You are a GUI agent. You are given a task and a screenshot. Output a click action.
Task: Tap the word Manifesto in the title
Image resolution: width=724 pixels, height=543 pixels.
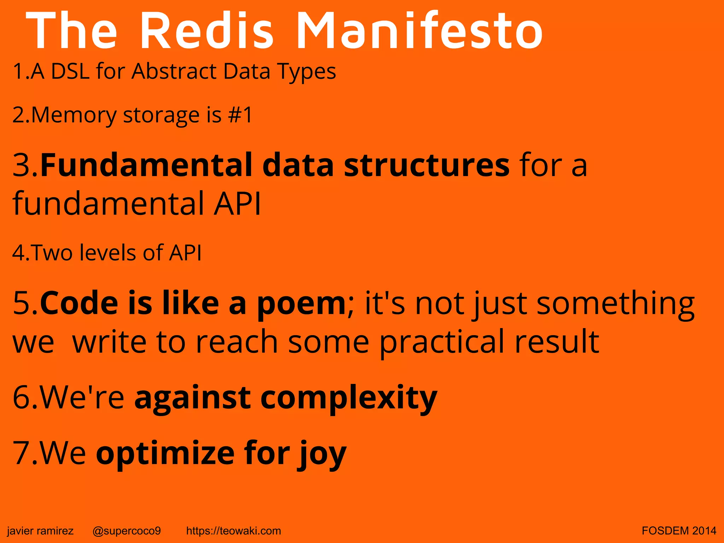[x=419, y=31]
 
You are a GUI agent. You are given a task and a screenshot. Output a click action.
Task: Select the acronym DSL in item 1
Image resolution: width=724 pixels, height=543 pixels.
[x=70, y=71]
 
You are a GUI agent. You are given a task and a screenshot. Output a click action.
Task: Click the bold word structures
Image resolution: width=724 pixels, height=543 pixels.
[x=427, y=165]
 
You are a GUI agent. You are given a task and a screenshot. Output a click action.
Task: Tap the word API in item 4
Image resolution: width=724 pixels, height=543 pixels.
[x=185, y=253]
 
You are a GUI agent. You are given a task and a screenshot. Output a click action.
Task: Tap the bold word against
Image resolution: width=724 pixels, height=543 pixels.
[x=193, y=398]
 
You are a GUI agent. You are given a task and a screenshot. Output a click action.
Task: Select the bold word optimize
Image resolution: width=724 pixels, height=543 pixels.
[x=165, y=453]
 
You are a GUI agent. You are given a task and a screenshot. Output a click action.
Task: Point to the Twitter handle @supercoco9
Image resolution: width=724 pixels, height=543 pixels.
[x=127, y=531]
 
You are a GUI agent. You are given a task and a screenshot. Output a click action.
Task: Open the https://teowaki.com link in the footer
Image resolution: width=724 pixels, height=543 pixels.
[x=233, y=531]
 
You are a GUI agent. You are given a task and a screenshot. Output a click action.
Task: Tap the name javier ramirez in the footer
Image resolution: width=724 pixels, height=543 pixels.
[x=40, y=531]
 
